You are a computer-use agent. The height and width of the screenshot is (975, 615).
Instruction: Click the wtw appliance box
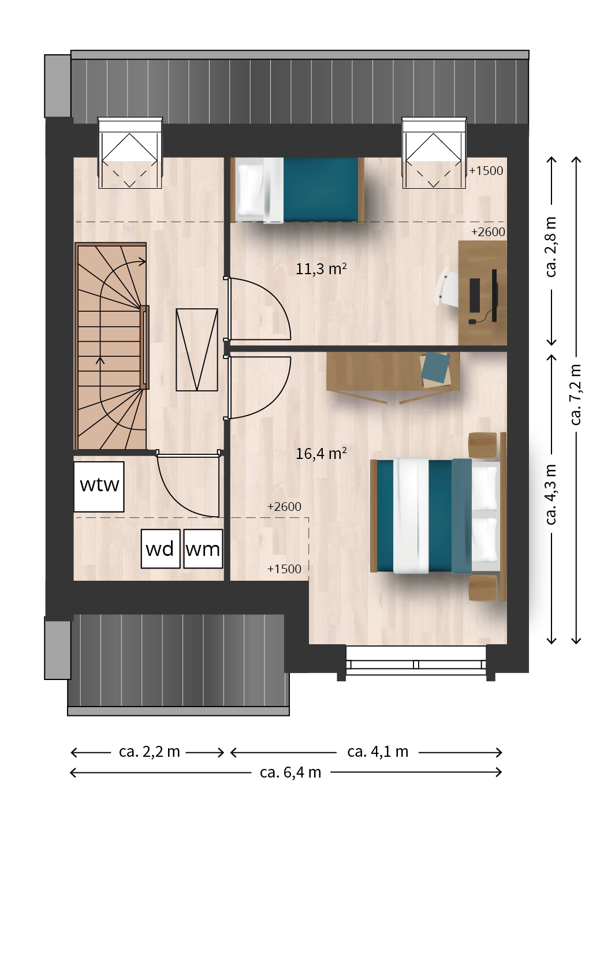coord(99,487)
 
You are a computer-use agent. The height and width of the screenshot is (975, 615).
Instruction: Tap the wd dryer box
coord(161,548)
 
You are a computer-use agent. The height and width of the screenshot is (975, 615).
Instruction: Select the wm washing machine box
coord(203,548)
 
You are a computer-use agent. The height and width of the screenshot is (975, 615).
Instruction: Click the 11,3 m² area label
coord(321,268)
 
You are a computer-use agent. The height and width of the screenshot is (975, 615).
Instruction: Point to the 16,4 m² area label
coord(321,453)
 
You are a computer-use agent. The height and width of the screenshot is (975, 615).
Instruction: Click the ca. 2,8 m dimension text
coord(550,247)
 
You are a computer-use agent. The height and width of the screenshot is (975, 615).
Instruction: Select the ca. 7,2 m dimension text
coord(575,394)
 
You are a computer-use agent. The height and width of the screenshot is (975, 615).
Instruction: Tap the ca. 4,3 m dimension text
coord(550,494)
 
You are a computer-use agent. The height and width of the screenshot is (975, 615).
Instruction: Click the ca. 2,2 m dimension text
coord(150,752)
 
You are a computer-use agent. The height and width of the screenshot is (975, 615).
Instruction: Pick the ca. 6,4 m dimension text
coord(290,772)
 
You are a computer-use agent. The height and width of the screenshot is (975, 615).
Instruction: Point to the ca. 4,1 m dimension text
coord(378,752)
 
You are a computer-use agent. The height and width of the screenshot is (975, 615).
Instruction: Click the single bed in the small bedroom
coord(297,190)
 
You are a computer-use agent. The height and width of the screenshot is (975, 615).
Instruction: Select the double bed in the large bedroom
coord(438,516)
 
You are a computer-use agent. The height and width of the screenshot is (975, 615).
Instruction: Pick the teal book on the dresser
coord(435,368)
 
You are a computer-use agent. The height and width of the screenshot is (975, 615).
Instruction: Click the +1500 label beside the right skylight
coord(486,171)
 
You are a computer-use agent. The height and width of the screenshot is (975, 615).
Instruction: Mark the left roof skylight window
coord(130,153)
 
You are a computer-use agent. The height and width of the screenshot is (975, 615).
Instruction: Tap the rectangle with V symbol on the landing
coord(197,349)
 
